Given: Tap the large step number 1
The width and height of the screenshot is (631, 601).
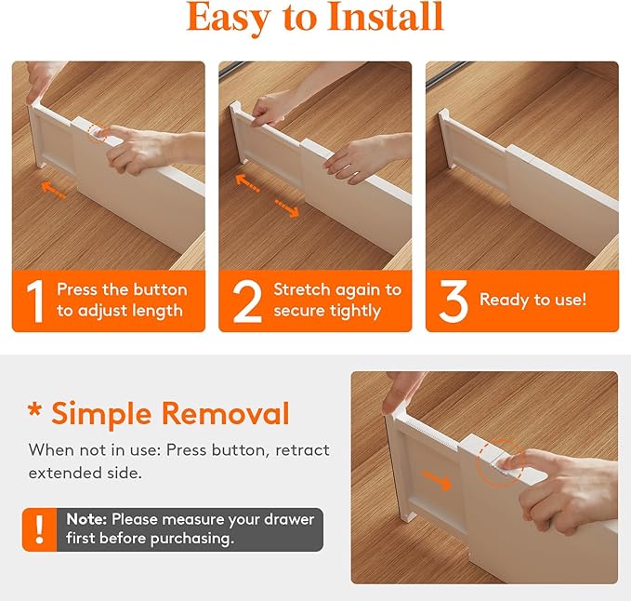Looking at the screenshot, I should point(34,300).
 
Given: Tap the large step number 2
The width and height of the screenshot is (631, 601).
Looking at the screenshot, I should point(246,300).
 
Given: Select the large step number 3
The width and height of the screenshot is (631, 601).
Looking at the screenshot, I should point(453,300).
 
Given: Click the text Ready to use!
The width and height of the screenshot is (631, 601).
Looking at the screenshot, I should point(532,300).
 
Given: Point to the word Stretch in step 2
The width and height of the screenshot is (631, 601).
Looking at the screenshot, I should point(302,289).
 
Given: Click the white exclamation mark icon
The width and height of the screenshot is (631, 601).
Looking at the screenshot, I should point(39,529).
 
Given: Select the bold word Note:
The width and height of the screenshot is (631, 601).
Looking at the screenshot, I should point(86,519).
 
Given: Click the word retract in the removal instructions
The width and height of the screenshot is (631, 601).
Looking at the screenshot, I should point(300,450).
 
